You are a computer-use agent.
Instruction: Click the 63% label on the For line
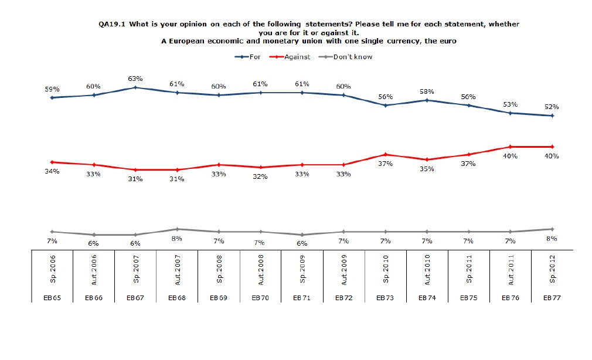point(135,79)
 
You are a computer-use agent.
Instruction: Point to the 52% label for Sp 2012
point(551,107)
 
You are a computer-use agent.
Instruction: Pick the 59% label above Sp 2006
point(53,89)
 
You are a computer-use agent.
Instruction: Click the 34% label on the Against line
point(53,171)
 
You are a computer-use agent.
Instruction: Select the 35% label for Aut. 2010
point(427,169)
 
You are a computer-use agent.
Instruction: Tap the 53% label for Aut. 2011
point(510,104)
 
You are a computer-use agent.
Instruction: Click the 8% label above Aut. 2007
point(177,238)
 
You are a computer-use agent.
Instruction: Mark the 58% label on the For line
point(427,91)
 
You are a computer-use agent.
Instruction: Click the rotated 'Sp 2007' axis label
point(135,270)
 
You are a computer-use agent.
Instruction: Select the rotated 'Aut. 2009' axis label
point(343,270)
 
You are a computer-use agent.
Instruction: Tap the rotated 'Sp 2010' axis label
point(385,270)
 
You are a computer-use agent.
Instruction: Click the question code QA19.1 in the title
point(112,24)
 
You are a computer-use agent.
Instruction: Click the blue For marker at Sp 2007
point(135,87)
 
